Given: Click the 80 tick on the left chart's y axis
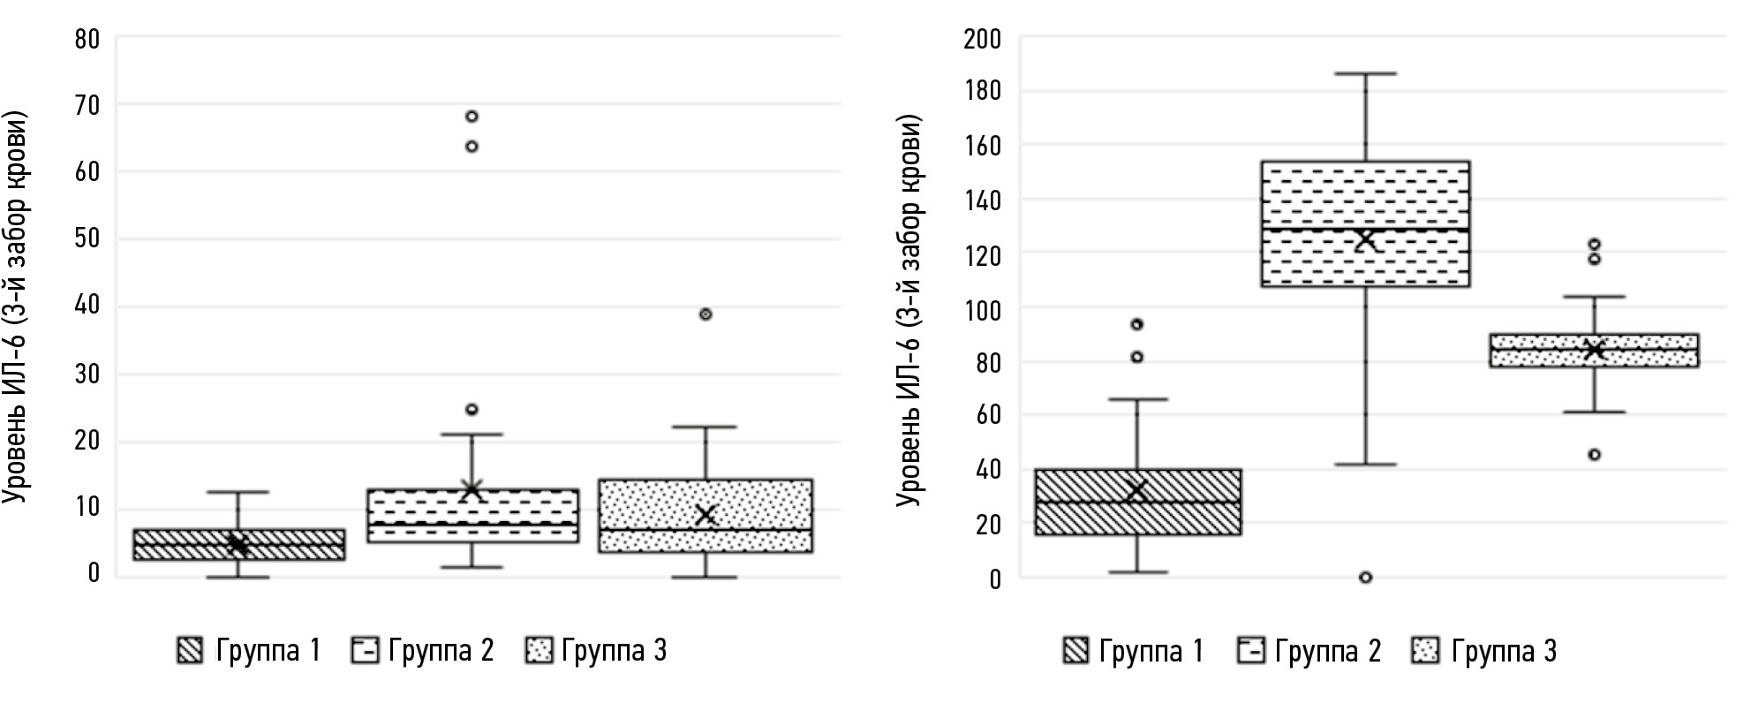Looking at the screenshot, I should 87,39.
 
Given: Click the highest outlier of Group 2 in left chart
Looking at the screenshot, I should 472,117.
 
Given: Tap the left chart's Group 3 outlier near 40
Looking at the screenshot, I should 706,314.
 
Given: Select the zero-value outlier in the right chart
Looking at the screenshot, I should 1365,578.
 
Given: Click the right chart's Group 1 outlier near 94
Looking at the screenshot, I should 1136,325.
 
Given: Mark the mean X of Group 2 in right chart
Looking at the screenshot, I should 1365,239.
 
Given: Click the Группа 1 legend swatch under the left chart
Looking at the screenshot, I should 190,651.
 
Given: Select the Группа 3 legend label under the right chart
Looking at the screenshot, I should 1504,652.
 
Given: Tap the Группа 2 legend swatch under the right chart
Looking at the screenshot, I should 1251,651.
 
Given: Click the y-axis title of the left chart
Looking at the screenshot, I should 16,308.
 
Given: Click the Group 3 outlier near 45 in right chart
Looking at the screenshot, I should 1595,455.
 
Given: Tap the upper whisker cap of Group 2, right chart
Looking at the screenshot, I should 1365,74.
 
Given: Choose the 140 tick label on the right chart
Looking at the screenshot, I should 983,200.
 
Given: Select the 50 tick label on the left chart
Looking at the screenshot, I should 87,239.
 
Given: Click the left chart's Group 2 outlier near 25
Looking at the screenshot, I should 472,410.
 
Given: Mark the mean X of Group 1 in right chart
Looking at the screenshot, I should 1136,492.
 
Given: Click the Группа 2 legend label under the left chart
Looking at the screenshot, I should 441,652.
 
